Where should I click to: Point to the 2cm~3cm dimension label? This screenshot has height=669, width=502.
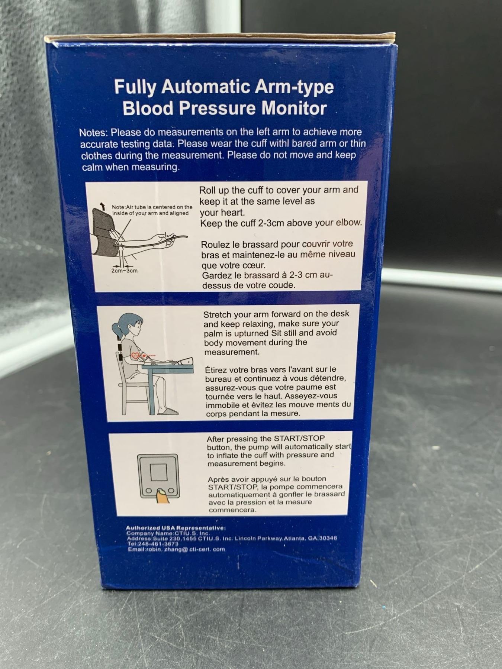124,271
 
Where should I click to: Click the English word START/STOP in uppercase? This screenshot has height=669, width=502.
299,439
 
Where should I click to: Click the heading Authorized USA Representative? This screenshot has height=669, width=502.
176,528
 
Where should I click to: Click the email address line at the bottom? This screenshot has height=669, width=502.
176,549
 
